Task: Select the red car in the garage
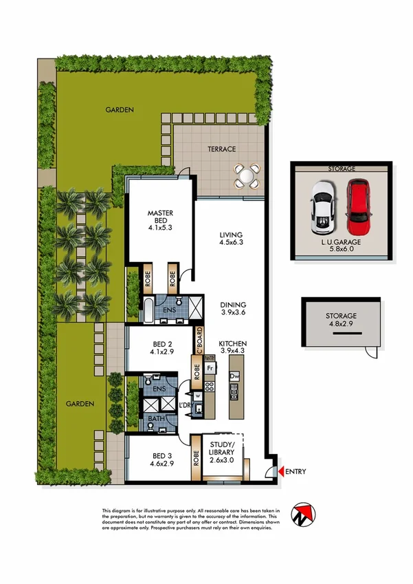pyautogui.click(x=357, y=207)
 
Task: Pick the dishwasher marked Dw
pyautogui.click(x=235, y=376)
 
